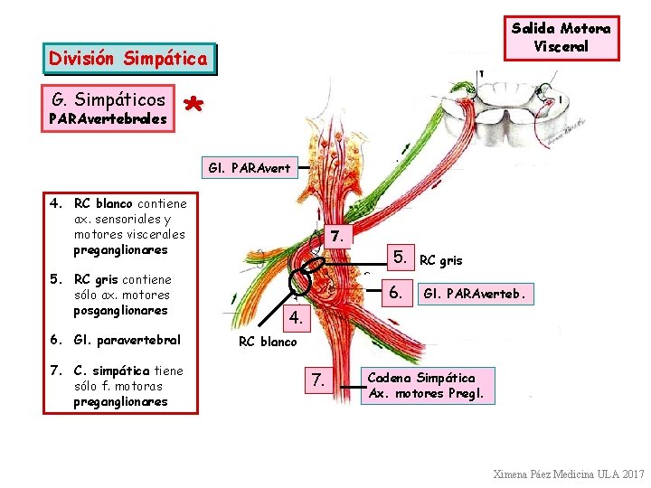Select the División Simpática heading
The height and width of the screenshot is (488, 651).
(129, 59)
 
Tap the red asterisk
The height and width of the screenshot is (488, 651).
(192, 106)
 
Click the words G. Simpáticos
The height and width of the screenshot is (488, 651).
(108, 99)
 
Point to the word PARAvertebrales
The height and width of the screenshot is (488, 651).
(108, 118)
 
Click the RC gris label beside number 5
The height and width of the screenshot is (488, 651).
(441, 260)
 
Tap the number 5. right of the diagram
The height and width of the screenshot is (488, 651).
(401, 258)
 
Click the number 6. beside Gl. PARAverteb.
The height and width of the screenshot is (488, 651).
(395, 293)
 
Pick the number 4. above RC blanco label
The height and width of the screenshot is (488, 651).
(297, 318)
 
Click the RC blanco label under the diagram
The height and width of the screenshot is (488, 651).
(267, 342)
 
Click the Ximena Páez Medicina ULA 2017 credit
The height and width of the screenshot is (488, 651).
(569, 474)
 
